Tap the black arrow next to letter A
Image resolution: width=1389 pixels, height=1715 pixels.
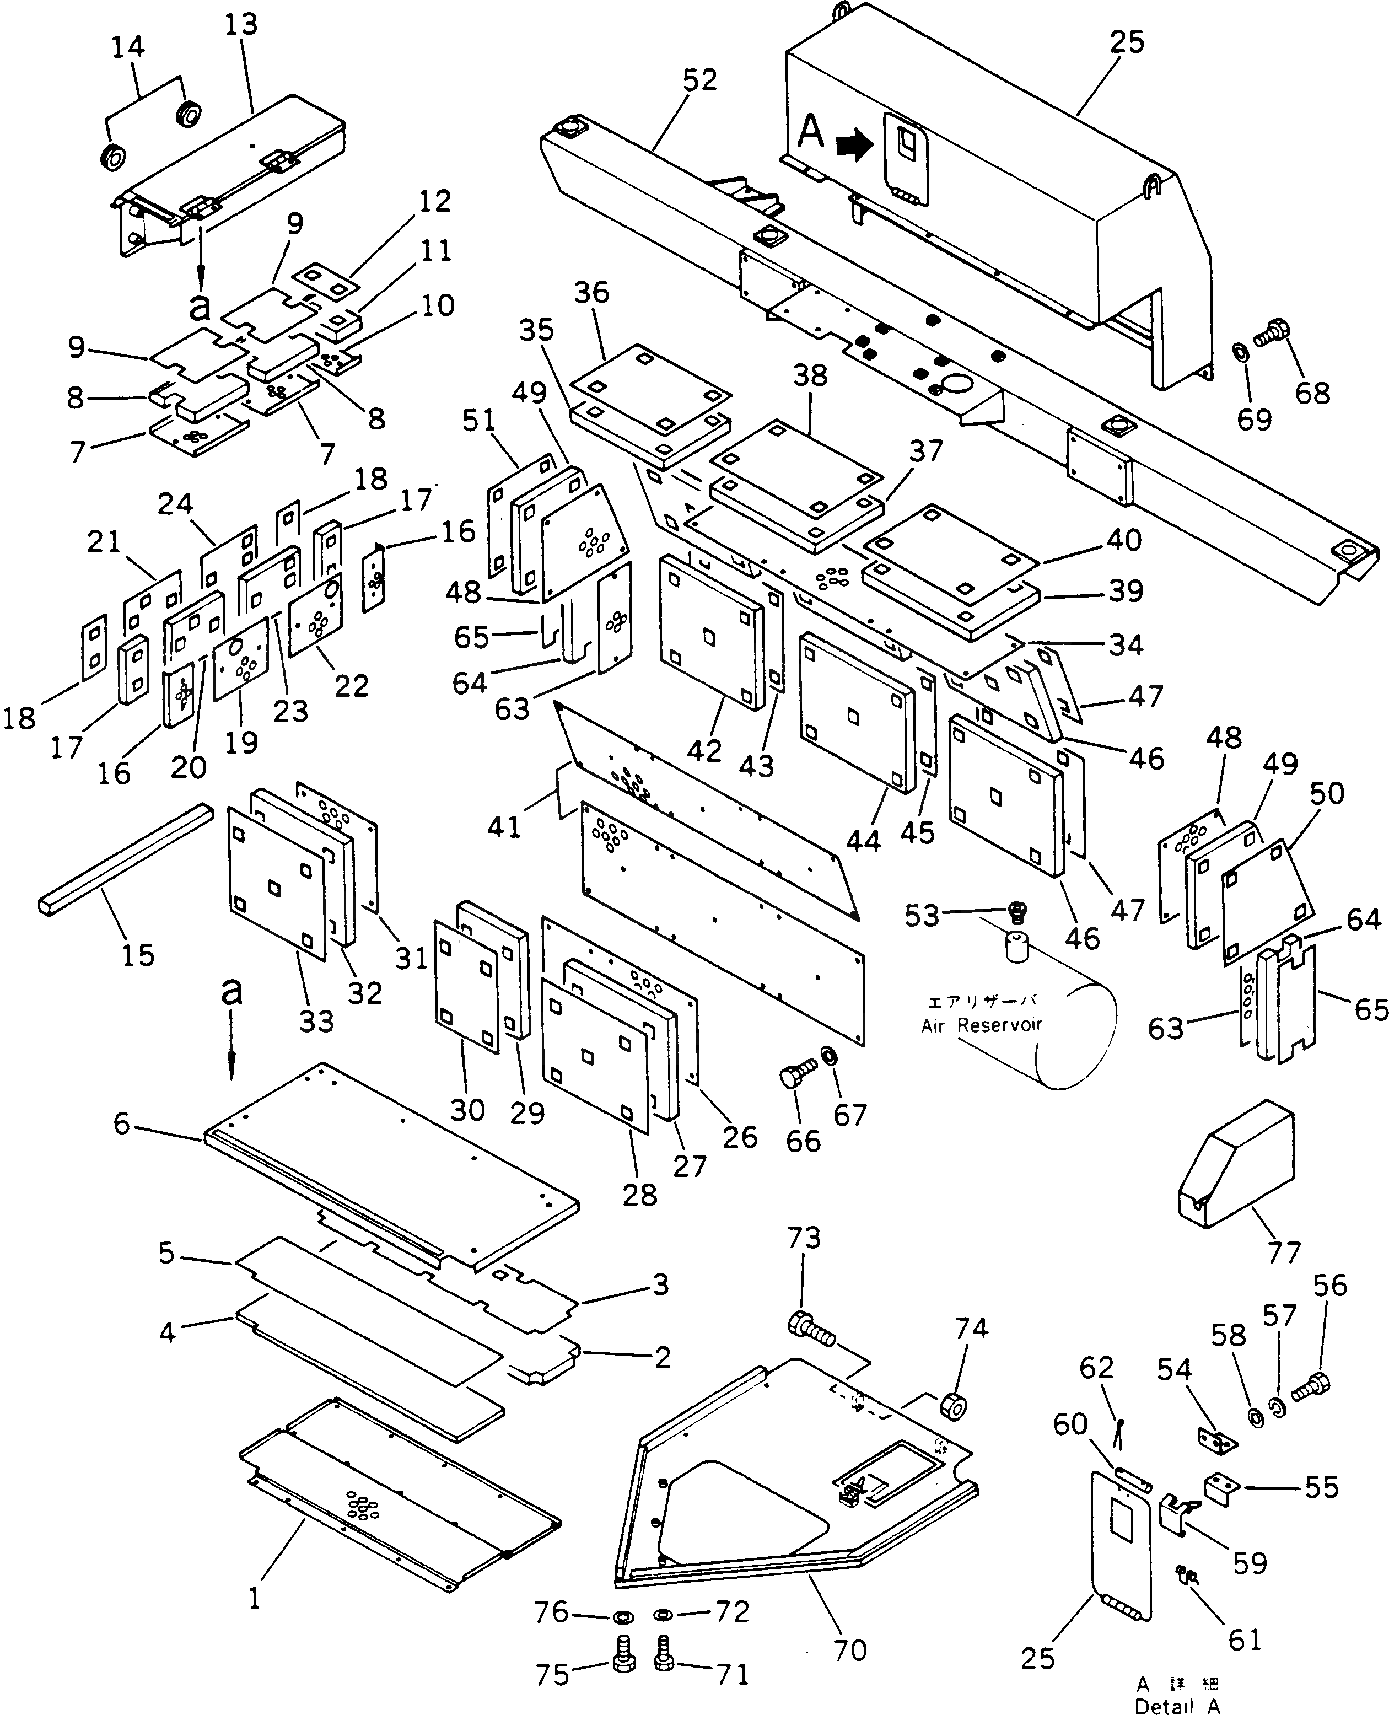click(854, 146)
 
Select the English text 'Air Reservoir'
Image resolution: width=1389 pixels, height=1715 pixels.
click(981, 1025)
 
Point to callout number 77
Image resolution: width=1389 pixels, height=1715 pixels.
click(1284, 1251)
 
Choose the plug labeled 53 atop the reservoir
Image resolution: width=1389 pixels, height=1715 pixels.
click(1017, 911)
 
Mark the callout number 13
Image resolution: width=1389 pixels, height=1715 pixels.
click(241, 25)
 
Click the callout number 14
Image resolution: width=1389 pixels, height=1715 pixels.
click(128, 47)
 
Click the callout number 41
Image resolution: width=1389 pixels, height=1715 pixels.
click(504, 827)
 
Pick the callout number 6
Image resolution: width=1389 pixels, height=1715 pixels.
click(122, 1123)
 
